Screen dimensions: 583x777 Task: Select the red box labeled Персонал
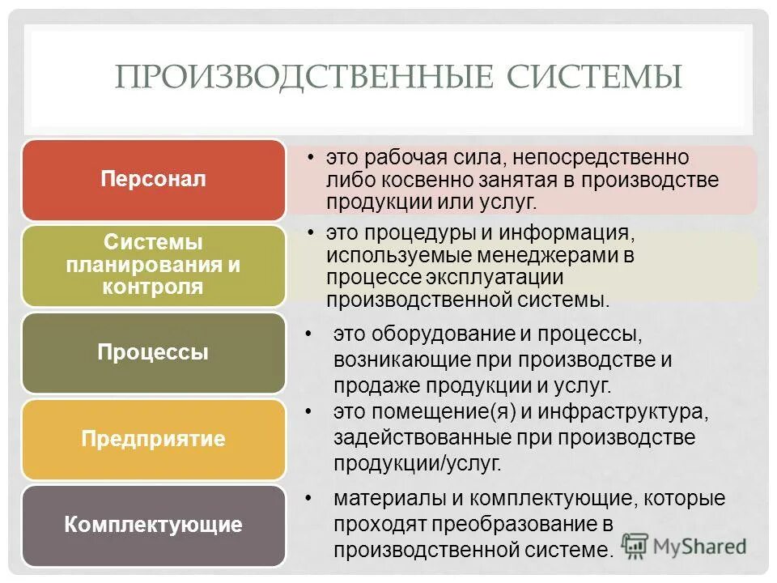[x=154, y=180]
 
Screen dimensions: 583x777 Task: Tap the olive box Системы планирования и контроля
[x=154, y=265]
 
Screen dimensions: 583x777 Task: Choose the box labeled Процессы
[x=154, y=353]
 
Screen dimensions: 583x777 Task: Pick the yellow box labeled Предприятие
[x=154, y=440]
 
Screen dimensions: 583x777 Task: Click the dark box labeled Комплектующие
[x=154, y=525]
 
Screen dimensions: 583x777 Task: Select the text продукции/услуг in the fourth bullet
[x=417, y=463]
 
